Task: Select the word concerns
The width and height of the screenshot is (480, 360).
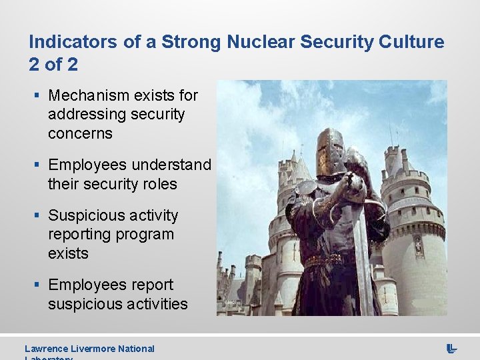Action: (x=80, y=133)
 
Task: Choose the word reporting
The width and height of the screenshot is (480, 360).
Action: (x=79, y=234)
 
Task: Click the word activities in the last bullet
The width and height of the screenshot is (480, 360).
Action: (x=151, y=304)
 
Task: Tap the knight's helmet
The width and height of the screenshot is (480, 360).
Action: (x=330, y=151)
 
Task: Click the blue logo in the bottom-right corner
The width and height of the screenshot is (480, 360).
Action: (x=451, y=349)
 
